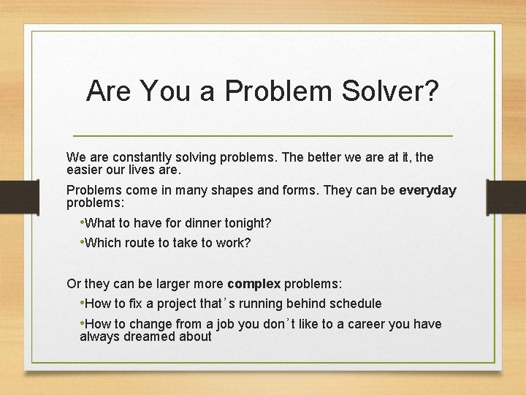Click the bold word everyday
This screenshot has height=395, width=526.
pyautogui.click(x=427, y=190)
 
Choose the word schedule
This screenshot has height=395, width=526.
pyautogui.click(x=354, y=304)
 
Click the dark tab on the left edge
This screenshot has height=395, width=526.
pyautogui.click(x=13, y=197)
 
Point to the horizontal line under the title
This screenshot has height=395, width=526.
pyautogui.click(x=263, y=136)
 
